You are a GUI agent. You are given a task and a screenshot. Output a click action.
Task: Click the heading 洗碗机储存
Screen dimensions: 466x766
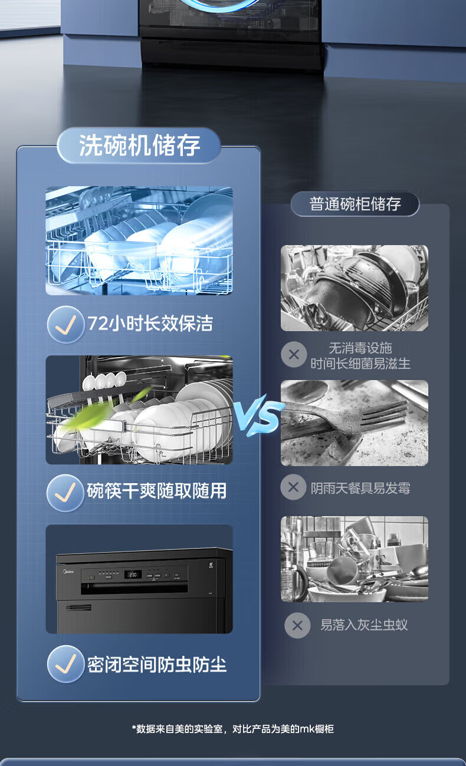click(139, 146)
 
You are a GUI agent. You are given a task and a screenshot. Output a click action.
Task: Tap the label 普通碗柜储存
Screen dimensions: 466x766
click(355, 204)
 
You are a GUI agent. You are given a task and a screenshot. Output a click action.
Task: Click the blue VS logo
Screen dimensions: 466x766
click(259, 415)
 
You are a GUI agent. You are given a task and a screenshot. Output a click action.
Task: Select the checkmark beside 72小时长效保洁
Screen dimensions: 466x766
click(65, 325)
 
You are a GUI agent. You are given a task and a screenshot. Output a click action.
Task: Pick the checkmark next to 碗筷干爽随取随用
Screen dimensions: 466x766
click(65, 493)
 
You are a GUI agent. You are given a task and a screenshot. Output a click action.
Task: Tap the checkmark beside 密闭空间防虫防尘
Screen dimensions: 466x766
click(65, 663)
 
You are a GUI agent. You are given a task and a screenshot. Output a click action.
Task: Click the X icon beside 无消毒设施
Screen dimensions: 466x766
click(294, 354)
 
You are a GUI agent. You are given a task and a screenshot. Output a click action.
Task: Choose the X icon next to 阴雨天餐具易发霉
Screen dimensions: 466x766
click(293, 487)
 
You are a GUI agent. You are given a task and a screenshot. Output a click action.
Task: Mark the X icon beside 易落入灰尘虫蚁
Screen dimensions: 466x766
click(297, 625)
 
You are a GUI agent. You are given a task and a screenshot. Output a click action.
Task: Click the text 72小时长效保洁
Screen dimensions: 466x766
click(150, 323)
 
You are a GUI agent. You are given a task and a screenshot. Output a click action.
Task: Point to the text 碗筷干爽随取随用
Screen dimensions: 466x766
click(156, 491)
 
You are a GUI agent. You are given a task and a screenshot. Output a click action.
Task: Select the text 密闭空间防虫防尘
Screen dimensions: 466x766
click(157, 665)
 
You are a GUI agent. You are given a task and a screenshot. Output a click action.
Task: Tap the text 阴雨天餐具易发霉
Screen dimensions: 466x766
click(360, 488)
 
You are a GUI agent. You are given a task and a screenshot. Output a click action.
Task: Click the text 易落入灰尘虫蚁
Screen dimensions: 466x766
click(363, 625)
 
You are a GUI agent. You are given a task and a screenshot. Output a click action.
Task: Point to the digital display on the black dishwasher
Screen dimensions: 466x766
click(133, 574)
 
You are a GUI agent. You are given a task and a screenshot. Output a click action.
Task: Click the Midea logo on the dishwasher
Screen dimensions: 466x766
click(68, 571)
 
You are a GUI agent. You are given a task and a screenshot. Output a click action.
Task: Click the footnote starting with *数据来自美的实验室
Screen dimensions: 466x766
click(233, 728)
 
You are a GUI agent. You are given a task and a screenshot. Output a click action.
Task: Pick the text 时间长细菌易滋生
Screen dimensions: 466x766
click(360, 364)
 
